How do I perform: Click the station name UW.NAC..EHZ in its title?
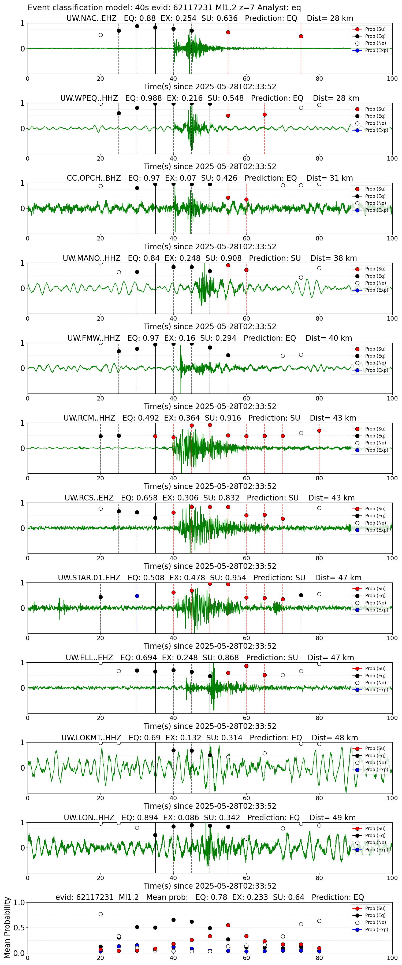(91, 18)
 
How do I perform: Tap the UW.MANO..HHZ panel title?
(210, 258)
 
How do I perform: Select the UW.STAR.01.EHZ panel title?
(210, 578)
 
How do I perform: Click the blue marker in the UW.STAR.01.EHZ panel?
(137, 596)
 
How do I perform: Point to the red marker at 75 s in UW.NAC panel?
(301, 36)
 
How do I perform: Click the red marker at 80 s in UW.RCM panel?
(319, 431)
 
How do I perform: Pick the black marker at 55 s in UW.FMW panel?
(228, 355)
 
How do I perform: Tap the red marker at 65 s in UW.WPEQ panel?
(265, 115)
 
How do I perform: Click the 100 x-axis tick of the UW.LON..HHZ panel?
(392, 878)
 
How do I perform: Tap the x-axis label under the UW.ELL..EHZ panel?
(210, 726)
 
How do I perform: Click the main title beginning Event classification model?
(164, 8)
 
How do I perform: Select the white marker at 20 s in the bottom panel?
(100, 914)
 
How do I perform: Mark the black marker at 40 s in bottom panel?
(173, 920)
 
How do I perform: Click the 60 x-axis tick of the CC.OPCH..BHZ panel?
(246, 238)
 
